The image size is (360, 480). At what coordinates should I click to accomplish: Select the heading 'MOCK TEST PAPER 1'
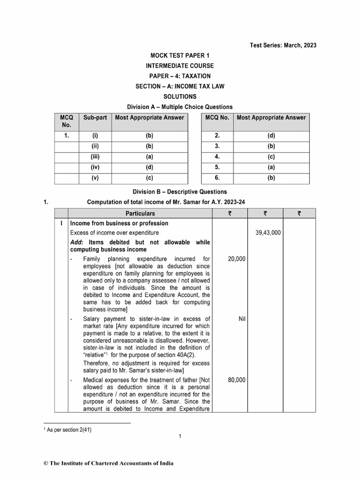(x=180, y=56)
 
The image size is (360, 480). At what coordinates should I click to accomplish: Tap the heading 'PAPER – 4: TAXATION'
(x=180, y=76)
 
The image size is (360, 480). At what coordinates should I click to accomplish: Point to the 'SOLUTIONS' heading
(x=180, y=97)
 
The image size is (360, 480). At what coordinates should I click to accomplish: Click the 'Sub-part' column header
(x=96, y=117)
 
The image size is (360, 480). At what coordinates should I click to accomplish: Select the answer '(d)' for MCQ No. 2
(x=271, y=136)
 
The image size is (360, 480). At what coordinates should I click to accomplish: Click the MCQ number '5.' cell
(x=217, y=167)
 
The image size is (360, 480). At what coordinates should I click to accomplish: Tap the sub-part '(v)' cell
(x=96, y=178)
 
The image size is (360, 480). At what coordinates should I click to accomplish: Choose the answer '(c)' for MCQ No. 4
(x=271, y=157)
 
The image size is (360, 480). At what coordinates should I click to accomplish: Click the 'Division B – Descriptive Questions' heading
(x=180, y=192)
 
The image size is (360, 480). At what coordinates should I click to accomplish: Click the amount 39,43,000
(x=268, y=232)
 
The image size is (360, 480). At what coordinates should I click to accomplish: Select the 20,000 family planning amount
(x=237, y=259)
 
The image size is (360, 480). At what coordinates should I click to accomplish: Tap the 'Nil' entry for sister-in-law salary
(x=242, y=319)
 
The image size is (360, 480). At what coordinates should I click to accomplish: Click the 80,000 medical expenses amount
(x=237, y=380)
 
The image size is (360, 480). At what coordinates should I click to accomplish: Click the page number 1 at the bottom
(x=180, y=437)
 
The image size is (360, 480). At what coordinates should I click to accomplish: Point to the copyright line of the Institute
(x=108, y=464)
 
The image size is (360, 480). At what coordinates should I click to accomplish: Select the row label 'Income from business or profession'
(x=119, y=224)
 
